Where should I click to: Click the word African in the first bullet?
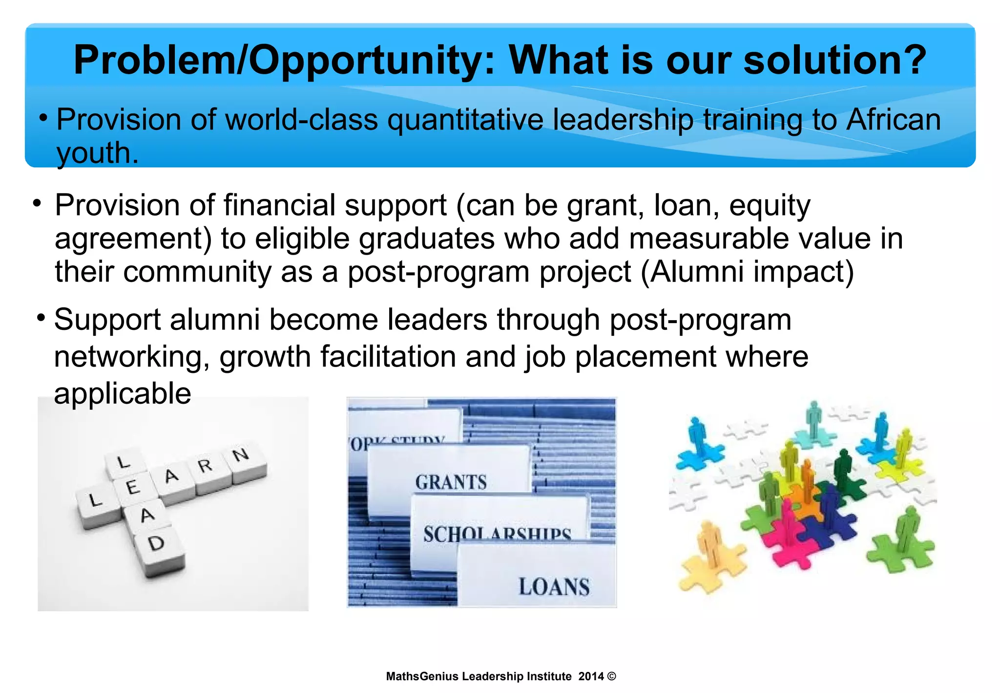click(893, 120)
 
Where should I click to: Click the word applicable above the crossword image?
click(122, 393)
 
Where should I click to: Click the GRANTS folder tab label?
click(451, 482)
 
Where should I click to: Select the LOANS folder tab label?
click(554, 586)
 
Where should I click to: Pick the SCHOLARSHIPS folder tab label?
click(497, 533)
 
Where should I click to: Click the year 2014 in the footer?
click(591, 676)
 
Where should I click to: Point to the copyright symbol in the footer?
click(612, 676)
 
